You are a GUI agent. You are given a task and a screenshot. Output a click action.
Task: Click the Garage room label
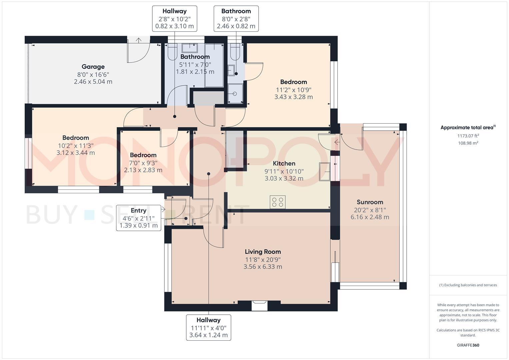93,67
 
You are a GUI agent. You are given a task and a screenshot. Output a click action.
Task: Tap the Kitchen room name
284,163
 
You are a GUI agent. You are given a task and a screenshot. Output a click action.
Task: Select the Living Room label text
263,252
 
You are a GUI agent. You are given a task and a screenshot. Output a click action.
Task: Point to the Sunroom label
370,202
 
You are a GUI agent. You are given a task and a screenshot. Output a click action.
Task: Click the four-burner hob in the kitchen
278,202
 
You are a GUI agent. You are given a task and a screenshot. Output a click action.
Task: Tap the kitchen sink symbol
324,172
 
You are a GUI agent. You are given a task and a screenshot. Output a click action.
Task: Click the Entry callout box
139,218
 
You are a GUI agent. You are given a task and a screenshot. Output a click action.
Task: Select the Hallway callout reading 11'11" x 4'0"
209,327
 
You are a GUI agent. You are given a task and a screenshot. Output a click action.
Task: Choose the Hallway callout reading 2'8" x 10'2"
175,19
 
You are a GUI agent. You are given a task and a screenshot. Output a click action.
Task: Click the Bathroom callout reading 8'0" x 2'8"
236,19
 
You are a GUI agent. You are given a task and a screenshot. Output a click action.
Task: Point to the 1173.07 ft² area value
468,136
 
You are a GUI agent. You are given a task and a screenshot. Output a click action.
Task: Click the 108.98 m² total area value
468,143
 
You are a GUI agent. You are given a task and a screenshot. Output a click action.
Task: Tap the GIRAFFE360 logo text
468,345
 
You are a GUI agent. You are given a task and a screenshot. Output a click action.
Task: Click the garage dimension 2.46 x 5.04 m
93,82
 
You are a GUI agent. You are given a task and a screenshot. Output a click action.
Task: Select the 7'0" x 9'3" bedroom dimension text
143,163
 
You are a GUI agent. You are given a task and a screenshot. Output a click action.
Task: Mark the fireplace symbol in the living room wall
259,305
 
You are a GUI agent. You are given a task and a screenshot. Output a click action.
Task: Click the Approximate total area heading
468,127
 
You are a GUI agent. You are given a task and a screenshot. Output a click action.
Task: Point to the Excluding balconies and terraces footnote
468,285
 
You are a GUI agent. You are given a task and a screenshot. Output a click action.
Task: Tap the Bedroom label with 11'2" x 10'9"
294,82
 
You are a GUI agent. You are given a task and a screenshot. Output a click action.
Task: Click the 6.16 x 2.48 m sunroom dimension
370,217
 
